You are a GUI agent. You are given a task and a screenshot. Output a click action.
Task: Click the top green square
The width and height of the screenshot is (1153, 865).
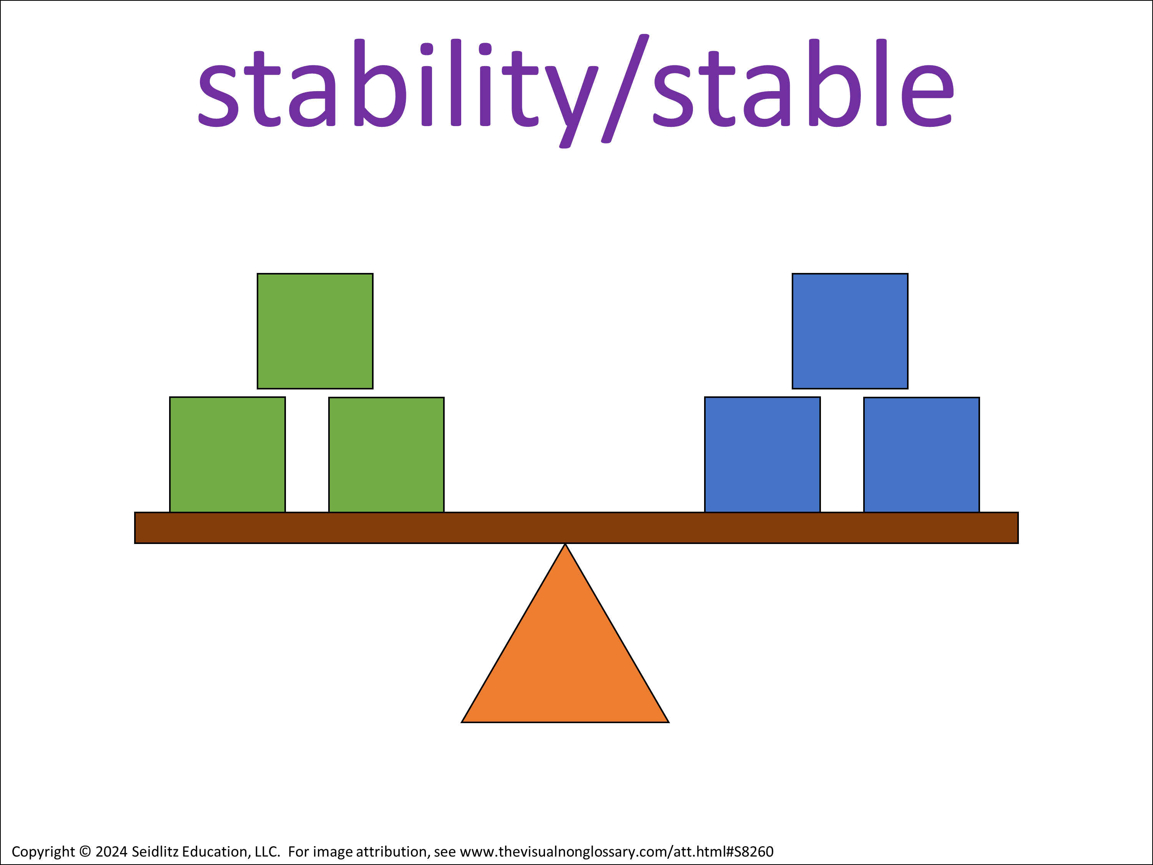(315, 331)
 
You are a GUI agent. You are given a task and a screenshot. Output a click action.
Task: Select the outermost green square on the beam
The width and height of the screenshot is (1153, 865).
(227, 455)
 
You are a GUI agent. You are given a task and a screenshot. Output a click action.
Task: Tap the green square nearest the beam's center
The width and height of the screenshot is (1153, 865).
(386, 455)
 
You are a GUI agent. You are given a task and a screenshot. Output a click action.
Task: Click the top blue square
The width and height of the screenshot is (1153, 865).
(850, 331)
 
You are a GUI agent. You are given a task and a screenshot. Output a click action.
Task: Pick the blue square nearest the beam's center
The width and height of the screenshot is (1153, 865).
(762, 455)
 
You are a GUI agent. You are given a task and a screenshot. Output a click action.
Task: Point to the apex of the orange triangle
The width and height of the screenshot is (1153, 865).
(565, 544)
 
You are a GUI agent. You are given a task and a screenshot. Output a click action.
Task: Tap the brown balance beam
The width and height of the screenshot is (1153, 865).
(576, 528)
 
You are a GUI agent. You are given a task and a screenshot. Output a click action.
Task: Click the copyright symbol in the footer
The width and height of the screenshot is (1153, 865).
(85, 852)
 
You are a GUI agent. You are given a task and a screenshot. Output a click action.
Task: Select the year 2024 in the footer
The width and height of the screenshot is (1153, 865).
(111, 852)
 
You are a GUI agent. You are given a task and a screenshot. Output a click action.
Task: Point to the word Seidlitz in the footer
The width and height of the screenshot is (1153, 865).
(153, 852)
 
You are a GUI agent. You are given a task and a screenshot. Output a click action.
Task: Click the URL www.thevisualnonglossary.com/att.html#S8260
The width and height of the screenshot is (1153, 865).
(616, 852)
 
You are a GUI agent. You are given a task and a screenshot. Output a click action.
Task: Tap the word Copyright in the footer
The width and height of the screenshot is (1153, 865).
(43, 852)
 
